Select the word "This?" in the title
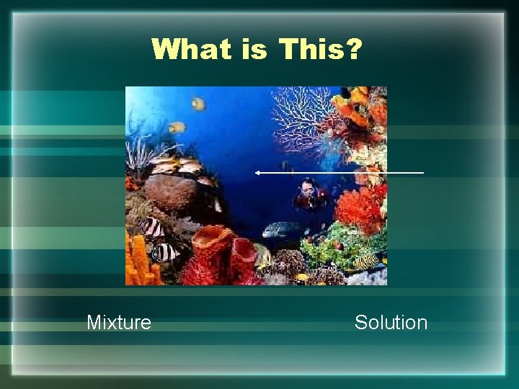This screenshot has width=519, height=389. point(322,50)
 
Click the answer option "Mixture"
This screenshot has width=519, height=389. point(119,322)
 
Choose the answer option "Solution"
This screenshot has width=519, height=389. point(391,322)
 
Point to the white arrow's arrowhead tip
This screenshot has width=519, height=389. point(256,173)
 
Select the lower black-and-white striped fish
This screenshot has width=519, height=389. point(165,252)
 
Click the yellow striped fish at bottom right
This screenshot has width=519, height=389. point(366,260)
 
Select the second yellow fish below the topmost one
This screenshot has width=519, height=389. point(175,128)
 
